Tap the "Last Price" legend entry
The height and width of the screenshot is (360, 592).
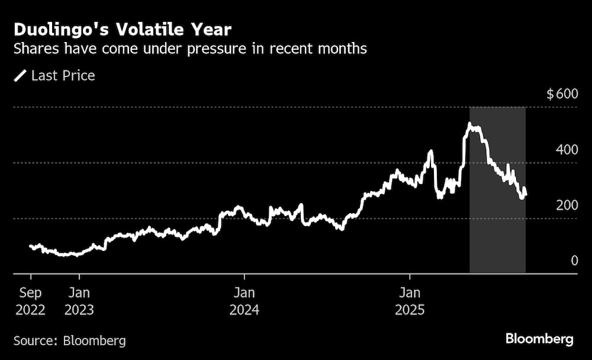point(63,76)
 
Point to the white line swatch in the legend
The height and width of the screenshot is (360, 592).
point(20,76)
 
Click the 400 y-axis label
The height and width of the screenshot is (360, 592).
point(567,150)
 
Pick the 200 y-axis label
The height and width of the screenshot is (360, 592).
point(567,205)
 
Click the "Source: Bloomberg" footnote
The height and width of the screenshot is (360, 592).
point(70,340)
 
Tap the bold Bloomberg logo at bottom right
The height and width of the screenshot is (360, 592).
point(539,339)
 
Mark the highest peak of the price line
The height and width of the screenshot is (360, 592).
point(469,124)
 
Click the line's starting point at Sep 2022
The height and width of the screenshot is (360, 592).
point(31,246)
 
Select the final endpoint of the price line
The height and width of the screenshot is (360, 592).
point(526,193)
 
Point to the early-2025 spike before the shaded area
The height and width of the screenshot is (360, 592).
point(430,152)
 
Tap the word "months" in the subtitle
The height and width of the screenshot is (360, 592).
point(344,49)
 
